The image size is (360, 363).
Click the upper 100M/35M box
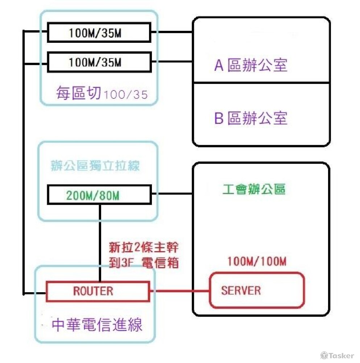pyautogui.click(x=99, y=32)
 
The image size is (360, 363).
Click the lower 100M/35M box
pyautogui.click(x=99, y=62)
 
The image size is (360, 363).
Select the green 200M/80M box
pyautogui.click(x=99, y=195)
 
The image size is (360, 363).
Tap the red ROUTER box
pyautogui.click(x=98, y=291)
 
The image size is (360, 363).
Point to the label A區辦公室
pyautogui.click(x=251, y=65)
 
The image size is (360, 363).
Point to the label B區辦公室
pyautogui.click(x=251, y=118)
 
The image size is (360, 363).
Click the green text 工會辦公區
pyautogui.click(x=254, y=189)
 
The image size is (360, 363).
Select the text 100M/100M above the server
pyautogui.click(x=257, y=261)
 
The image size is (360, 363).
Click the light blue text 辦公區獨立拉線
pyautogui.click(x=95, y=166)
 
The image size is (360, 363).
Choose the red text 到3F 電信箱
pyautogui.click(x=144, y=262)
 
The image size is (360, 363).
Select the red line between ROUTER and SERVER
pyautogui.click(x=179, y=291)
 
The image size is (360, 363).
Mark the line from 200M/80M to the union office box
pyautogui.click(x=171, y=194)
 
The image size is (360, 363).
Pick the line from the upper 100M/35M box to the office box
pyautogui.click(x=171, y=32)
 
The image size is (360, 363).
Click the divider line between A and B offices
pyautogui.click(x=261, y=83)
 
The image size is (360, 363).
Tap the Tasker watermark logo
pyautogui.click(x=337, y=355)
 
